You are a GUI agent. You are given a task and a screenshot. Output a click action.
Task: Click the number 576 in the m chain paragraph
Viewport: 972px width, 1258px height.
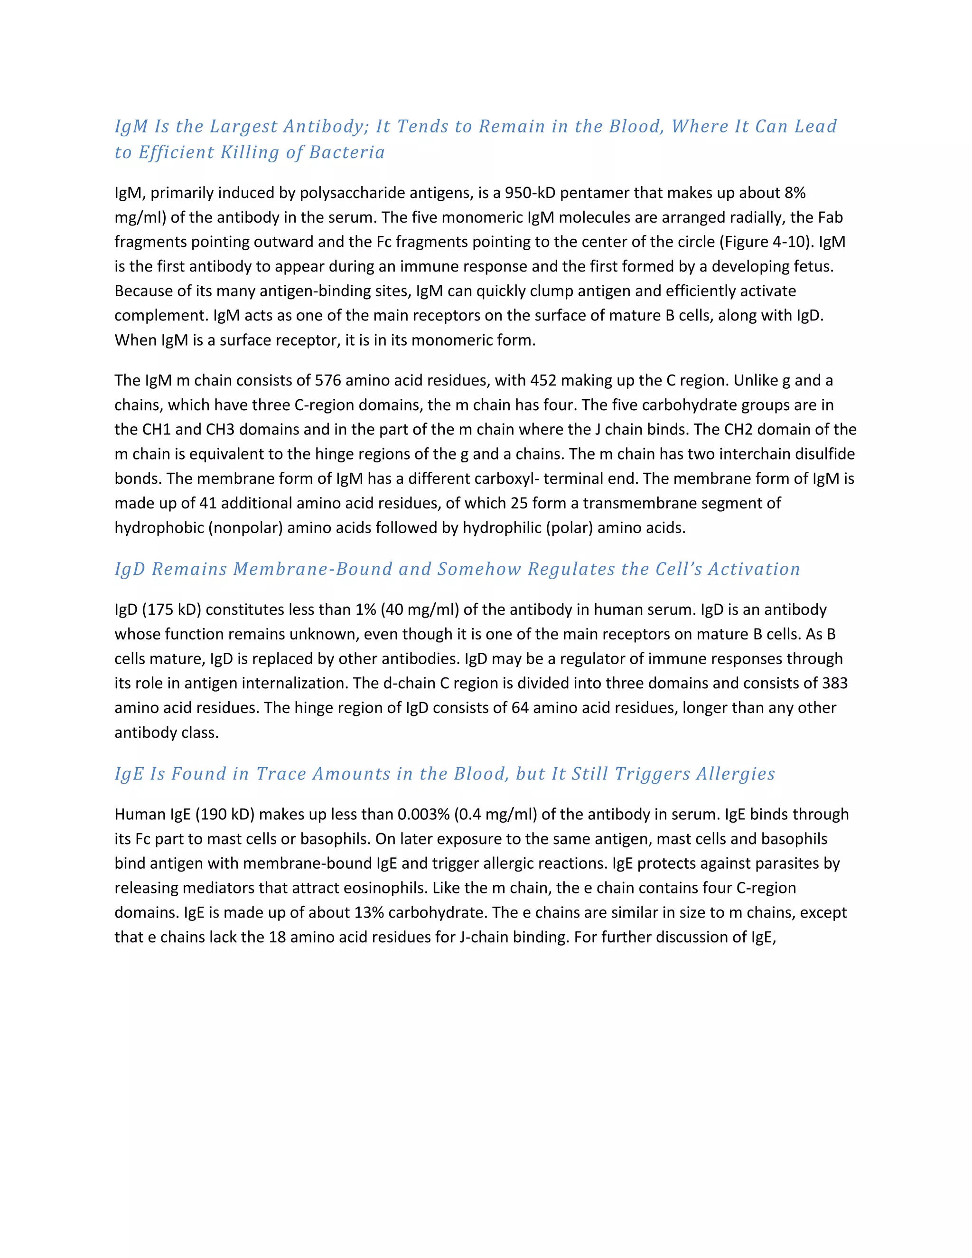pos(327,381)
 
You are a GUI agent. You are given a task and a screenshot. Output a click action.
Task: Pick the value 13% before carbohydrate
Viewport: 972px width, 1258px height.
pos(356,913)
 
